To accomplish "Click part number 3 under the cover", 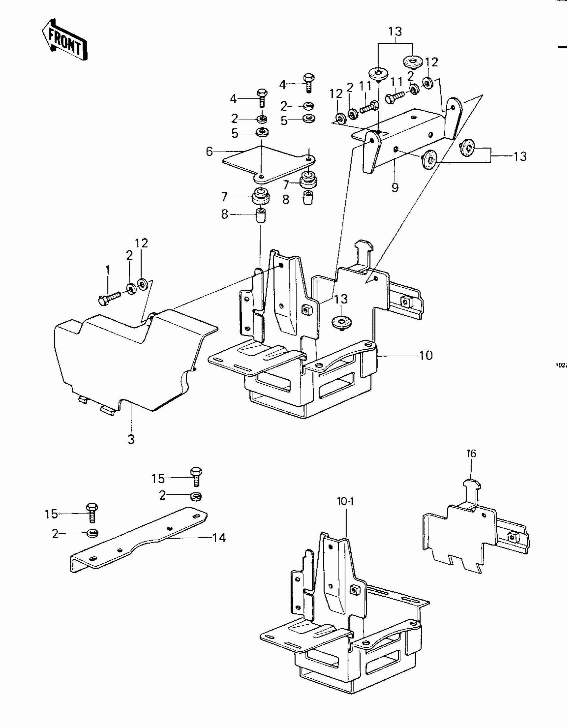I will (131, 439).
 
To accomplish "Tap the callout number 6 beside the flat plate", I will (209, 152).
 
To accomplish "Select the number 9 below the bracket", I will (395, 188).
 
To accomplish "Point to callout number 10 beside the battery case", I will (426, 355).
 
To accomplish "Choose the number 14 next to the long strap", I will (219, 538).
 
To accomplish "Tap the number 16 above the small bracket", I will (472, 453).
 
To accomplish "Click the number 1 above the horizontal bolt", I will (107, 270).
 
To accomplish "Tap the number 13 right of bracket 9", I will (520, 156).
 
